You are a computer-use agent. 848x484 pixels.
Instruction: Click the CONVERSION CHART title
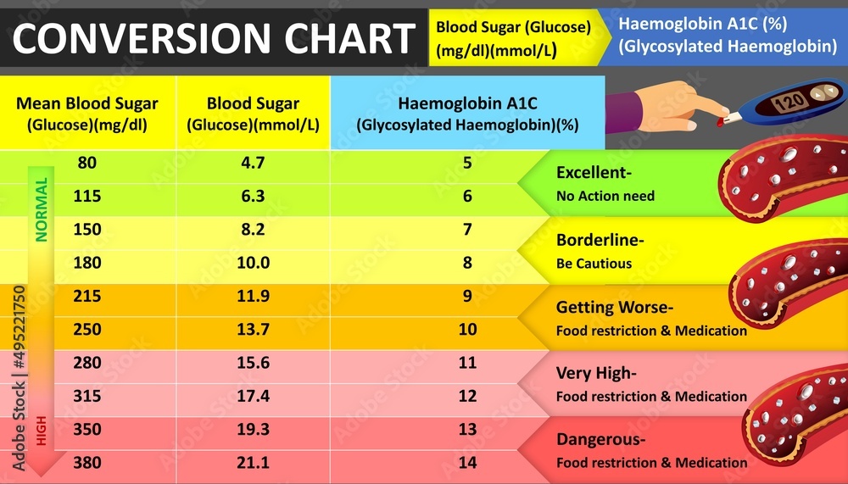click(214, 39)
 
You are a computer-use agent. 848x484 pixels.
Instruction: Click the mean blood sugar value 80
click(87, 163)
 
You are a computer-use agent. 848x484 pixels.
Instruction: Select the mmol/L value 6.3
click(253, 196)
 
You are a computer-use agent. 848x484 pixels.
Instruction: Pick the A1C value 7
click(467, 230)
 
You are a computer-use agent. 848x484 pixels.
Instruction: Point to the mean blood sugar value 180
click(87, 263)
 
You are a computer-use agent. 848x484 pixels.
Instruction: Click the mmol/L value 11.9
click(253, 296)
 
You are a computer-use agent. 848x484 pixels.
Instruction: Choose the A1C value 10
click(467, 329)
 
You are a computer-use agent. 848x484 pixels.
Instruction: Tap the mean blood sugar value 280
click(87, 363)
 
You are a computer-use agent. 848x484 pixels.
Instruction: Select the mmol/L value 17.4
click(253, 396)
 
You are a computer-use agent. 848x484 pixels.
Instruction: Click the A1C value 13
click(467, 429)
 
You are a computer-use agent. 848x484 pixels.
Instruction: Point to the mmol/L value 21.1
click(253, 462)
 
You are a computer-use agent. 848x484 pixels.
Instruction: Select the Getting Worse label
click(608, 307)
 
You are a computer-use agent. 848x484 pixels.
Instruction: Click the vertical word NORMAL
click(41, 209)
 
